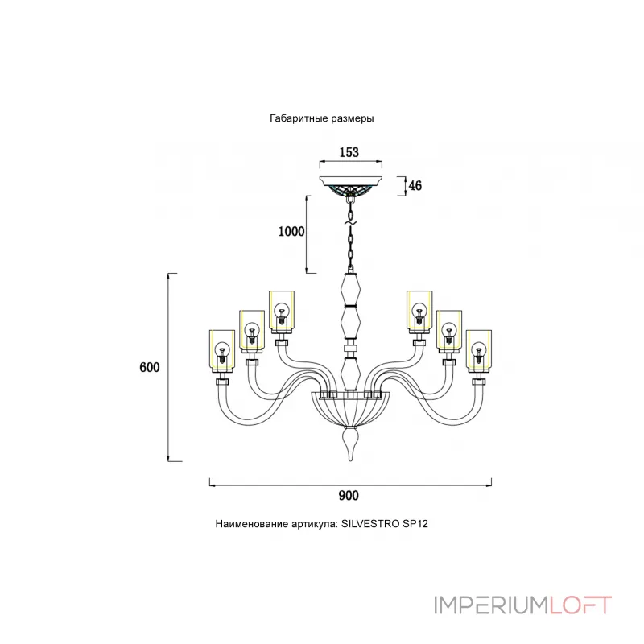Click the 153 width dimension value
tap(349, 152)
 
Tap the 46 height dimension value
tap(415, 186)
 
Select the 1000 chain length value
tap(291, 232)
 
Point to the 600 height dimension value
tap(150, 367)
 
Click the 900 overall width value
tap(349, 496)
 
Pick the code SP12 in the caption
tap(419, 523)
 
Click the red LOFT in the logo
tap(580, 605)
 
